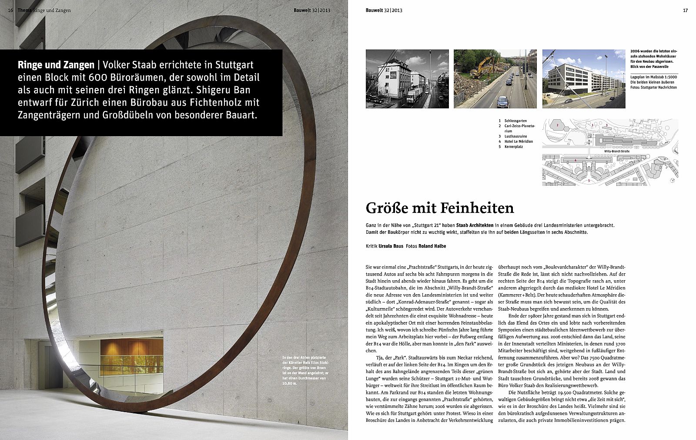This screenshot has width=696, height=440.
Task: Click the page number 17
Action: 685,10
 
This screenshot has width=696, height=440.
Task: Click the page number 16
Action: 10,10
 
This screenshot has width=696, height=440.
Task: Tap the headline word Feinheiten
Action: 478,208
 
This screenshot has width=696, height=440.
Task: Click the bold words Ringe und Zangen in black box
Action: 56,65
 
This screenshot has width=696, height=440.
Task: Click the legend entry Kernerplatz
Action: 513,147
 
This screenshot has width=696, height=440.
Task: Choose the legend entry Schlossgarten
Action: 515,121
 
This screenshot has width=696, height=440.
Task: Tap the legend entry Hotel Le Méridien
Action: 519,141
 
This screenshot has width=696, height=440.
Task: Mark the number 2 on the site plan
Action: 557,125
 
